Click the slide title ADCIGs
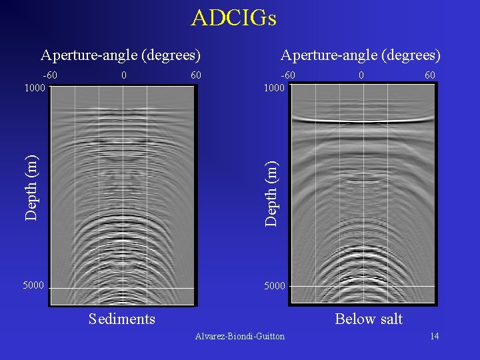[x=233, y=18]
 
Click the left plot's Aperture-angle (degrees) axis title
[x=121, y=55]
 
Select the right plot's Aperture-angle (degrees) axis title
[x=361, y=55]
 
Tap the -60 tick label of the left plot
[x=50, y=75]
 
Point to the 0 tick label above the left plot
[x=124, y=75]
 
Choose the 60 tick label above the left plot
[x=195, y=75]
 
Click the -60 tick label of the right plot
[x=288, y=75]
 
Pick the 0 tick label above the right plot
[x=361, y=75]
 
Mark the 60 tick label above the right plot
[x=430, y=75]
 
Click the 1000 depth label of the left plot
[x=34, y=87]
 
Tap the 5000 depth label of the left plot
[x=34, y=286]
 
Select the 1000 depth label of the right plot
[x=274, y=87]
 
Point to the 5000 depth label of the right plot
[x=274, y=286]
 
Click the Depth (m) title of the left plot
[x=31, y=187]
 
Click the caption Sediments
[x=122, y=319]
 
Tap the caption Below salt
[x=369, y=319]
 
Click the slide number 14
[x=434, y=336]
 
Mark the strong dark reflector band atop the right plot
[x=363, y=120]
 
